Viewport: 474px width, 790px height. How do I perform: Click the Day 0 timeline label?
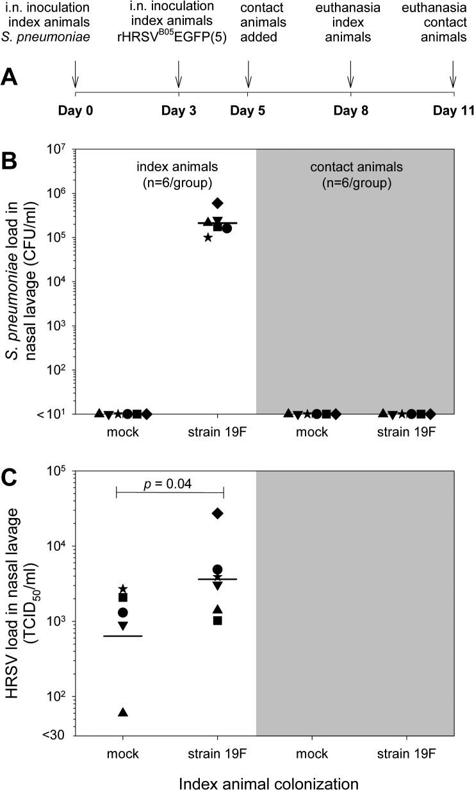(x=76, y=110)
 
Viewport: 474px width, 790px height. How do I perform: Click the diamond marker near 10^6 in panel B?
(x=218, y=203)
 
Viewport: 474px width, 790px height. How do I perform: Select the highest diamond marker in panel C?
(x=218, y=513)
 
